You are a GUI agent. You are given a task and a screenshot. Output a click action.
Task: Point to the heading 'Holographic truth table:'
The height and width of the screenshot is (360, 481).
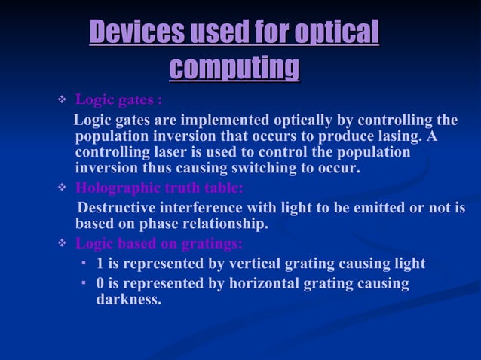159,188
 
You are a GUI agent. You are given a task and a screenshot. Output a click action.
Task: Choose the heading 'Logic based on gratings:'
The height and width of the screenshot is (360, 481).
159,243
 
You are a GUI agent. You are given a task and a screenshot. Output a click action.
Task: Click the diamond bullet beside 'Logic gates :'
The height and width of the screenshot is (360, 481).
63,101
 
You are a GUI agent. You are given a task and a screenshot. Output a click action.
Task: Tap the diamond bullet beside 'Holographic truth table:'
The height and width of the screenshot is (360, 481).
63,188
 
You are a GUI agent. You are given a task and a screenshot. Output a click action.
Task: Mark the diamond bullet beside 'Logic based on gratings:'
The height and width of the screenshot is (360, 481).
63,243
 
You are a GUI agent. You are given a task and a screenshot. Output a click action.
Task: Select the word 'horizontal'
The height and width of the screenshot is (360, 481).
260,284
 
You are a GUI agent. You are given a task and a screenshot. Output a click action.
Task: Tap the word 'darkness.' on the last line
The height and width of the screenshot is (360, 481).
128,299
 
